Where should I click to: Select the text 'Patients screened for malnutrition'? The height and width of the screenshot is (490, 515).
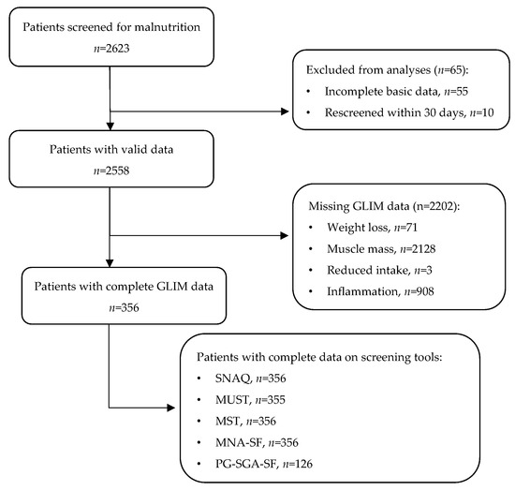tap(110, 27)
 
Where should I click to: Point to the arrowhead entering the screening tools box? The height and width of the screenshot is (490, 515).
tap(173, 408)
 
